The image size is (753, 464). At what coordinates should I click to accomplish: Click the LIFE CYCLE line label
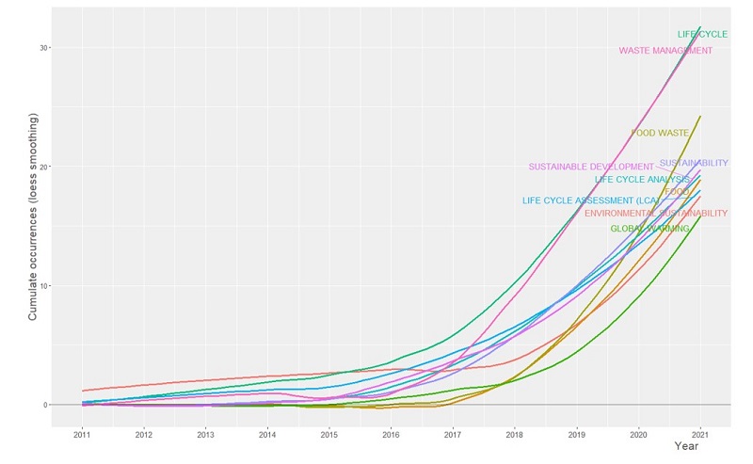pos(702,35)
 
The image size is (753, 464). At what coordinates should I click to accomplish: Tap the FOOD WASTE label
pos(660,134)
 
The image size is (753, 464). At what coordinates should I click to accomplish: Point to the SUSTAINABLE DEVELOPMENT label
pos(590,168)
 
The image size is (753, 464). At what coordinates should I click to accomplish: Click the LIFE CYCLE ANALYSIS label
pos(641,180)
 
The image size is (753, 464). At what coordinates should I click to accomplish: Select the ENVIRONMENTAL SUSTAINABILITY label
pos(655,214)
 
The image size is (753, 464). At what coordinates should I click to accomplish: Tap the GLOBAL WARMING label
pos(649,229)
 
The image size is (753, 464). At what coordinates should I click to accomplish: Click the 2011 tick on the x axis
pos(82,435)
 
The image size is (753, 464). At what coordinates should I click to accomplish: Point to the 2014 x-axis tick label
pos(267,435)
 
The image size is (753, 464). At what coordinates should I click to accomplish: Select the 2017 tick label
pos(453,435)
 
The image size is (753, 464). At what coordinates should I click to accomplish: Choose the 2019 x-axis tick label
pos(576,435)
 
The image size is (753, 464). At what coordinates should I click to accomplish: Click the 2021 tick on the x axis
pos(700,435)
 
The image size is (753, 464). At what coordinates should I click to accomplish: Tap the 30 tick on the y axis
pos(44,48)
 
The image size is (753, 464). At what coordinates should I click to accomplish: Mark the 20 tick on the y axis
pos(44,167)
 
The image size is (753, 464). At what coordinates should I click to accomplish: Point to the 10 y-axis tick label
pos(44,286)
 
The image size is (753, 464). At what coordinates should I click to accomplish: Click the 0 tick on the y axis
pos(47,405)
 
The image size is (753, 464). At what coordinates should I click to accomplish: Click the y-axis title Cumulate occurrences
pos(33,216)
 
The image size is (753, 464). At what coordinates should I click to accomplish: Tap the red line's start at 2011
pos(83,391)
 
